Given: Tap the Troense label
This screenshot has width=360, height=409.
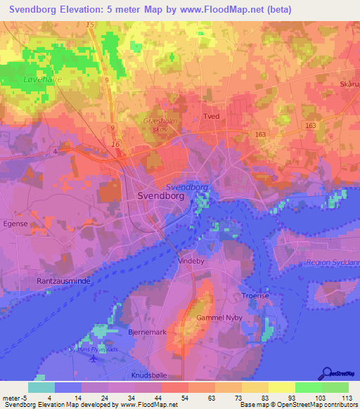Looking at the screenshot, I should click(x=255, y=296).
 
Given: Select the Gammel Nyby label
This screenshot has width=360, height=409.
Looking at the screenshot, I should click(x=221, y=318).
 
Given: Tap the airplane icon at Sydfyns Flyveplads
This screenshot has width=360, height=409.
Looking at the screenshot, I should click(x=95, y=358).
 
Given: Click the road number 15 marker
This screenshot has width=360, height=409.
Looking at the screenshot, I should click(x=89, y=25).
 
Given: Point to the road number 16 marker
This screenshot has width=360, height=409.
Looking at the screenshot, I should click(x=115, y=143).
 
